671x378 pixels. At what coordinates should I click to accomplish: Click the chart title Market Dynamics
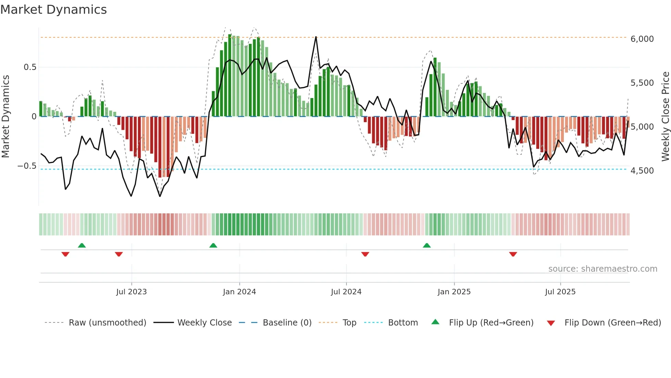tap(53, 10)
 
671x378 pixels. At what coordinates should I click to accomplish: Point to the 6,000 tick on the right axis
tap(642, 39)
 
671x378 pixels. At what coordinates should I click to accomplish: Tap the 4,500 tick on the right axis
tap(642, 171)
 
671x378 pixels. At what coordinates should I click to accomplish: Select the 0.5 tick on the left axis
tap(30, 67)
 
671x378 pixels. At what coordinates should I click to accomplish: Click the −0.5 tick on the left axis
tap(27, 166)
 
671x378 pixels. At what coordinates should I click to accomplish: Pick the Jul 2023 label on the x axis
tap(131, 292)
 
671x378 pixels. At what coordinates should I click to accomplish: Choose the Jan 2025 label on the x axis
tap(454, 292)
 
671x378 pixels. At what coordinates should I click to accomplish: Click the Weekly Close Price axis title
tap(665, 116)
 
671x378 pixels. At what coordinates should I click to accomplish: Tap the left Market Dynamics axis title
tap(5, 116)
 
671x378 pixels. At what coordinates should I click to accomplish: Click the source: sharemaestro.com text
tap(603, 269)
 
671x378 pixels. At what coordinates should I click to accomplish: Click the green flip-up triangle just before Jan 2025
tap(427, 246)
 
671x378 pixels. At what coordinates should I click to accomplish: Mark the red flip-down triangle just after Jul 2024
tap(365, 254)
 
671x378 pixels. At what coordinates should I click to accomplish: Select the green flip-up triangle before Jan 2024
tap(213, 246)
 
